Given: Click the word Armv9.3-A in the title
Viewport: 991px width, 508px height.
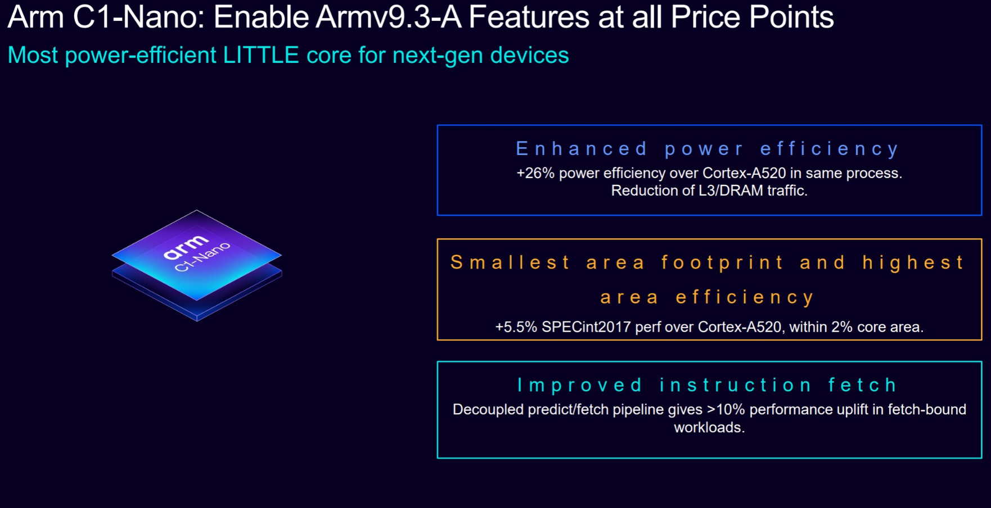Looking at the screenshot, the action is tap(389, 17).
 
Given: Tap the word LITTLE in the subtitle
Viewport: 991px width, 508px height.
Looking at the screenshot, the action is tap(261, 55).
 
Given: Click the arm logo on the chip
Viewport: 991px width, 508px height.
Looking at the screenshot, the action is tap(185, 247).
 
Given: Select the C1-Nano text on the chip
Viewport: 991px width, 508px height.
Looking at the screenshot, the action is tap(202, 257).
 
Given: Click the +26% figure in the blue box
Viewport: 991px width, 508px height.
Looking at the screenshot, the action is tap(535, 173).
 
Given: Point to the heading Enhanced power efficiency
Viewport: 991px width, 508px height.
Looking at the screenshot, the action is tap(708, 149).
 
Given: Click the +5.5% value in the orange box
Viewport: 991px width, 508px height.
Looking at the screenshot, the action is tap(516, 327).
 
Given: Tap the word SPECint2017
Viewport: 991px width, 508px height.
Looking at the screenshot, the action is tap(586, 327).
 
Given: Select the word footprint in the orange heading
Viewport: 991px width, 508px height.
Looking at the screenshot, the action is tap(722, 263).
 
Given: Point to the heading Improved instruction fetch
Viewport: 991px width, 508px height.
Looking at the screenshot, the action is tap(707, 385).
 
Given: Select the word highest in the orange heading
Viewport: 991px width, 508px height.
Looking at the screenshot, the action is tap(913, 263).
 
